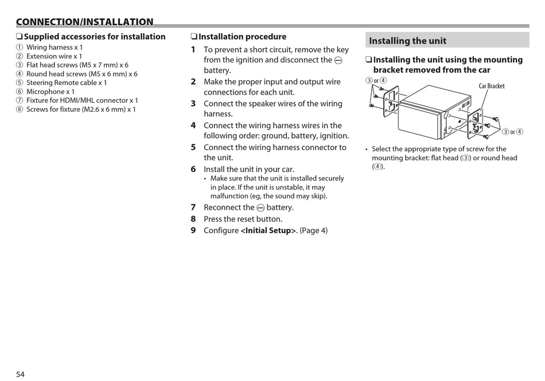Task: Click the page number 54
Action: (x=20, y=374)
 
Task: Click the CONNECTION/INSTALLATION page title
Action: (x=85, y=22)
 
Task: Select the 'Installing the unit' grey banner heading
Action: (x=408, y=41)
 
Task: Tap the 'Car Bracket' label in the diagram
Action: (x=492, y=86)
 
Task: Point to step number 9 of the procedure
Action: (x=193, y=230)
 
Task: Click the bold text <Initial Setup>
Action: (x=268, y=230)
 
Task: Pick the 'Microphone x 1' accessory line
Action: (x=50, y=92)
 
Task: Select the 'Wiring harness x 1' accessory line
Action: (x=54, y=48)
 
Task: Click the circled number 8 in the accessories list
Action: (x=20, y=109)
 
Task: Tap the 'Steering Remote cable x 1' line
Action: (x=67, y=83)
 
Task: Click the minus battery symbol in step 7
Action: (x=260, y=208)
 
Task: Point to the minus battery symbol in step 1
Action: (x=338, y=60)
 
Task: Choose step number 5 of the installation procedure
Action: (x=193, y=147)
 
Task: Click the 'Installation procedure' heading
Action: (x=242, y=37)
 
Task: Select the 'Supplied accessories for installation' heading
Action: (x=95, y=37)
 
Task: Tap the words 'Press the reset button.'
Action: (x=243, y=219)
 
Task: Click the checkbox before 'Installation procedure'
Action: (x=194, y=37)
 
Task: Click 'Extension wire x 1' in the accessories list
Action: (x=54, y=56)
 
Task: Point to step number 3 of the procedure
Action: (x=193, y=104)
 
